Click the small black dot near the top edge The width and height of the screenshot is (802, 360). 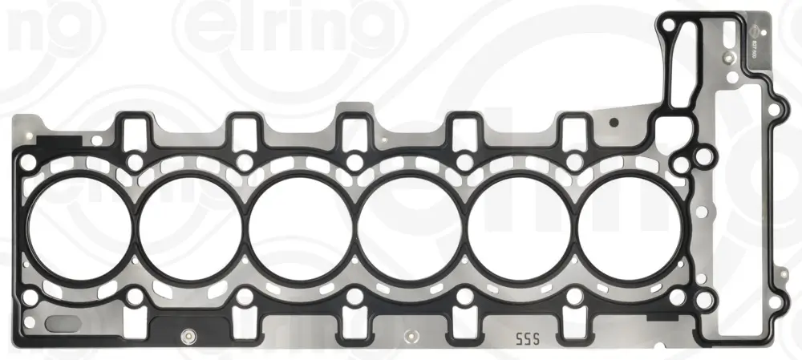coord(613,123)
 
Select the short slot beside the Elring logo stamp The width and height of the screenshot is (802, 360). coord(727,34)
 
